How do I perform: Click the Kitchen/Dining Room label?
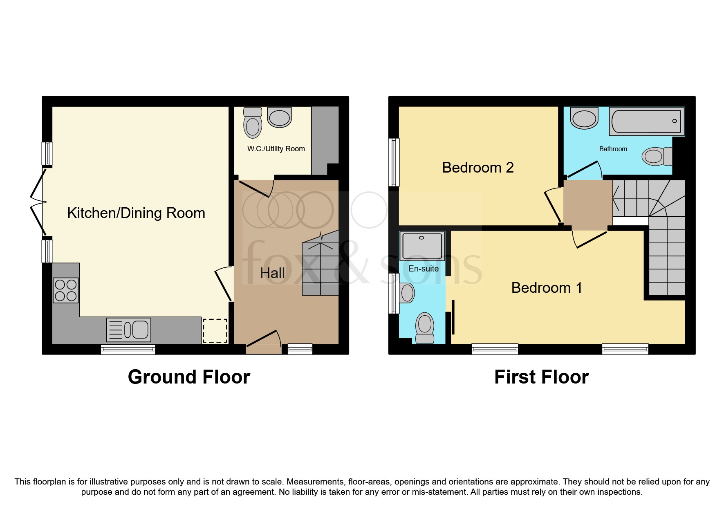click(136, 213)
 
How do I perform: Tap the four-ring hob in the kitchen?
click(65, 290)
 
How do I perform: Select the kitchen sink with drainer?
click(128, 330)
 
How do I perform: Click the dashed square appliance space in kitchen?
click(215, 330)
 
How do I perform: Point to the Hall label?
click(272, 273)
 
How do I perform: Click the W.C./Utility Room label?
click(276, 149)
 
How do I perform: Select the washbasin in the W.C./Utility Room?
click(280, 117)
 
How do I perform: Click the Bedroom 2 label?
click(477, 168)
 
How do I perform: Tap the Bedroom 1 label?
click(546, 288)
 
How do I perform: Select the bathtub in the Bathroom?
click(646, 121)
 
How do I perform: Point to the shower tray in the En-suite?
click(422, 245)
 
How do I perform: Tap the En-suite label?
click(424, 269)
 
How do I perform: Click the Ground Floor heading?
click(189, 377)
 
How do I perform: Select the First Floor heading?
click(541, 377)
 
